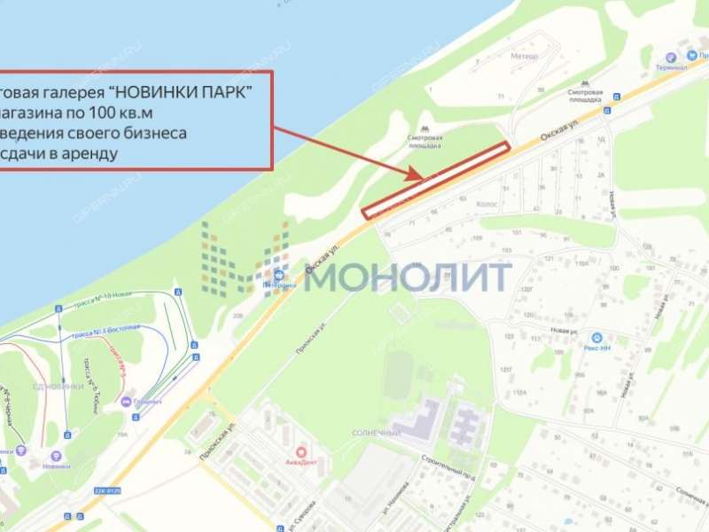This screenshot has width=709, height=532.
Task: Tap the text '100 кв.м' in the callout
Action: pyautogui.click(x=138, y=113)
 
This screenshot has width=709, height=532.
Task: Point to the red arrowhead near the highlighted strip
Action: pyautogui.click(x=418, y=176)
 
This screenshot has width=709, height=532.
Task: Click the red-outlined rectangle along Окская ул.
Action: pyautogui.click(x=436, y=179)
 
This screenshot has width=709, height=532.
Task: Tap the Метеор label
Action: pyautogui.click(x=524, y=56)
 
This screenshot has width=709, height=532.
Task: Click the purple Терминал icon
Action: pyautogui.click(x=672, y=56)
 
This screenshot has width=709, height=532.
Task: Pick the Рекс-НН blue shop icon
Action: pyautogui.click(x=596, y=338)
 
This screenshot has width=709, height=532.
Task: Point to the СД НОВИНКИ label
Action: pyautogui.click(x=63, y=387)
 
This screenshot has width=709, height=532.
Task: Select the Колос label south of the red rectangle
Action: pyautogui.click(x=487, y=204)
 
